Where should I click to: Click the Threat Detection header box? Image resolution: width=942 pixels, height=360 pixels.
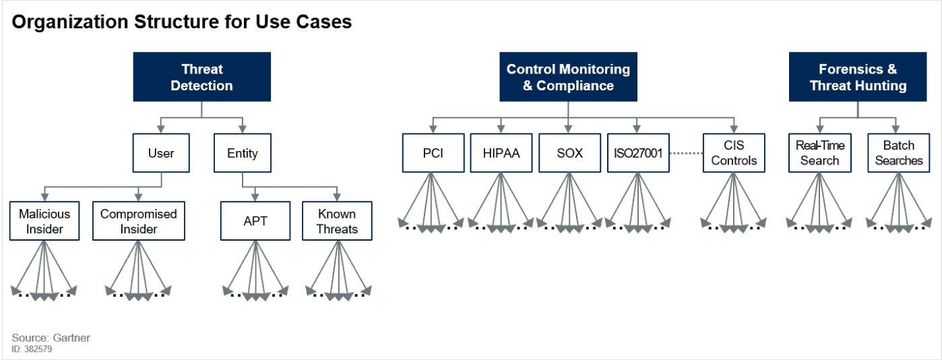(201, 77)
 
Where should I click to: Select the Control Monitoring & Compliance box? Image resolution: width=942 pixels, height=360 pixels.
(568, 77)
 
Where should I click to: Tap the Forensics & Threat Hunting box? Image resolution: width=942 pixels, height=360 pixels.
(858, 77)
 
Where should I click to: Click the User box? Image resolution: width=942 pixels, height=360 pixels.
(161, 153)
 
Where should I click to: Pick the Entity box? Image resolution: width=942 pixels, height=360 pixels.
(242, 153)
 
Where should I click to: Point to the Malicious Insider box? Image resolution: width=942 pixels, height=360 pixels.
(44, 221)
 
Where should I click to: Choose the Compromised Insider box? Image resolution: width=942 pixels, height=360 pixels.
(138, 221)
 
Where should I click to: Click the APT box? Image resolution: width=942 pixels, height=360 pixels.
(255, 221)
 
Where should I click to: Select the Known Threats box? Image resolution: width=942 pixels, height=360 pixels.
(337, 221)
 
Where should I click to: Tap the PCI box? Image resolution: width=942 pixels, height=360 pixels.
(433, 153)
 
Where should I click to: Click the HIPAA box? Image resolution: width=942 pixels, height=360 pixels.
(501, 153)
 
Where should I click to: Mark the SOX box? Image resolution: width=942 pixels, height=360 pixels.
(569, 153)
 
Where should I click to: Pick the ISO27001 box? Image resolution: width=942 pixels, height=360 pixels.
(638, 153)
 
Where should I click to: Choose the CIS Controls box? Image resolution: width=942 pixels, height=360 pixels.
(734, 153)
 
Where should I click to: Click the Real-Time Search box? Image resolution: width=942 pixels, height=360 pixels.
(819, 153)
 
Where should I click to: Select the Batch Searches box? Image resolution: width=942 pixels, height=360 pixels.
(899, 153)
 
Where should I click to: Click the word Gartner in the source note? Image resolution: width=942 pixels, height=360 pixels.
(69, 338)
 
